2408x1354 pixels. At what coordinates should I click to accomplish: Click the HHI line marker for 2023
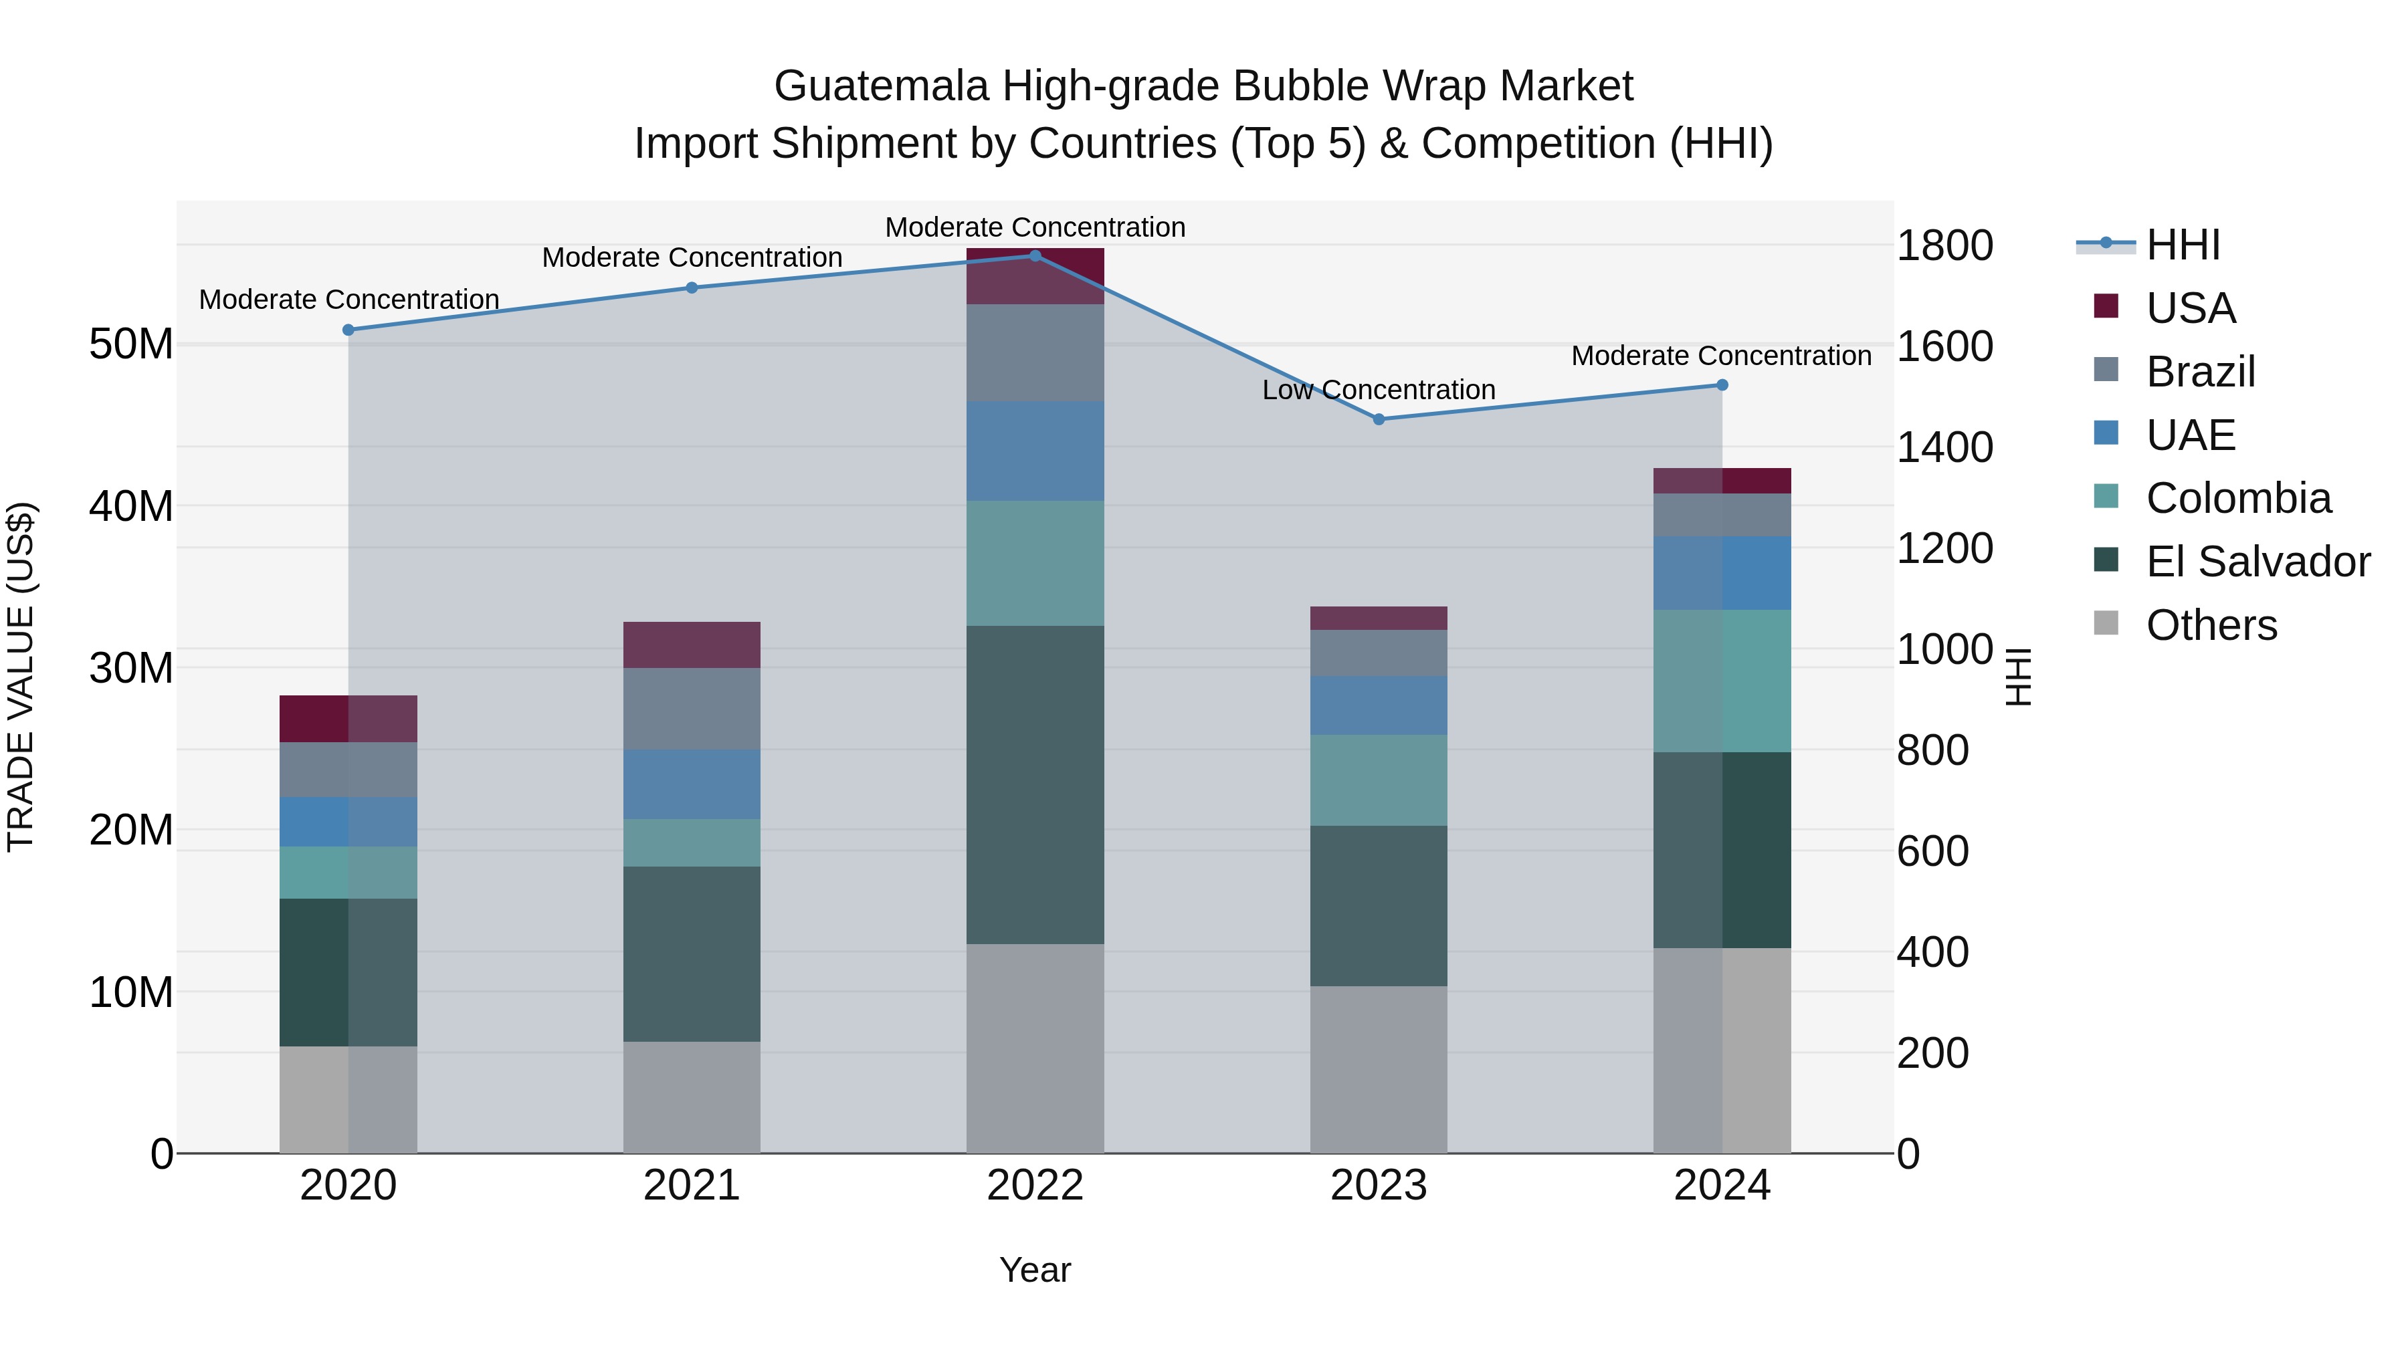(x=1379, y=419)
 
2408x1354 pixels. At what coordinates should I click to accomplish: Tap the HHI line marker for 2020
(x=348, y=330)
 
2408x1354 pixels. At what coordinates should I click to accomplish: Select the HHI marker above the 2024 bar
(x=1722, y=385)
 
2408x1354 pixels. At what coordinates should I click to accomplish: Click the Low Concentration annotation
(x=1378, y=390)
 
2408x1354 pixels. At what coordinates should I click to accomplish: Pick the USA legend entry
(x=2190, y=308)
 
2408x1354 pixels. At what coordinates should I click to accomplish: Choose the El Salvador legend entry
(x=2257, y=562)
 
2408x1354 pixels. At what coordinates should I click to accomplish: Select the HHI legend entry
(x=2182, y=245)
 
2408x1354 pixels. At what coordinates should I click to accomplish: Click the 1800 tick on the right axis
(x=1944, y=246)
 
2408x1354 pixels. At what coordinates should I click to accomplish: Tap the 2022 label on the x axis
(x=1035, y=1186)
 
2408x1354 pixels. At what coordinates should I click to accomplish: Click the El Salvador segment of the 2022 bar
(x=1035, y=785)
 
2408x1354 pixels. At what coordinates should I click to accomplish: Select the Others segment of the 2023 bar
(x=1379, y=1069)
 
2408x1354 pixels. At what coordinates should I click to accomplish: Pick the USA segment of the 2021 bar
(x=692, y=645)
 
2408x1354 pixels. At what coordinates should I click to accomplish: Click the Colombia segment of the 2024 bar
(x=1722, y=681)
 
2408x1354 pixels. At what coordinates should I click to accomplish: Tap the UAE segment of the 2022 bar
(x=1035, y=451)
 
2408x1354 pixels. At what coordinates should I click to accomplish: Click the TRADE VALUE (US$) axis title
(x=21, y=677)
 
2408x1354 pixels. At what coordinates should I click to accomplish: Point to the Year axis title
(x=1035, y=1270)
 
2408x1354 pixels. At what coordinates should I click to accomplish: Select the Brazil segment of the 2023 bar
(x=1379, y=653)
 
